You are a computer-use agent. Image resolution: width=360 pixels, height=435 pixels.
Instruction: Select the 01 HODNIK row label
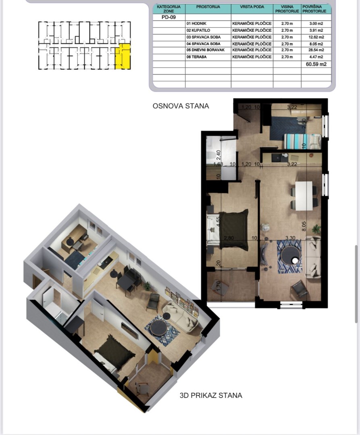pos(196,24)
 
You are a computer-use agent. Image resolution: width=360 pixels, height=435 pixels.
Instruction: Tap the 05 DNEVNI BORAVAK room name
pos(205,50)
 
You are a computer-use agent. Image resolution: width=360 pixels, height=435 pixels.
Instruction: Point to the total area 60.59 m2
pos(316,64)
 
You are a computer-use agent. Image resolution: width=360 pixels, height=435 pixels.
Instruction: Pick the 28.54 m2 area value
pos(316,50)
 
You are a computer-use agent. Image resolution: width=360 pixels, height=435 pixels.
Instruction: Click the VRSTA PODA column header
pos(252,7)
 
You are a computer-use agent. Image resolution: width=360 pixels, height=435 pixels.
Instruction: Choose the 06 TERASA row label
pos(196,57)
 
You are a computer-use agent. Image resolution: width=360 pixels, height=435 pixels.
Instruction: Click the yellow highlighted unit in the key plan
pos(123,58)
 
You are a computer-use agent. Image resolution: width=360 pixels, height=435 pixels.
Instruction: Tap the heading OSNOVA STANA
pos(181,106)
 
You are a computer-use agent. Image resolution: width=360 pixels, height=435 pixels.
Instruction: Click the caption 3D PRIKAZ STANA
pos(211,396)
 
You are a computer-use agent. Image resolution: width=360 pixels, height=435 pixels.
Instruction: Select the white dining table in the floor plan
pos(304,195)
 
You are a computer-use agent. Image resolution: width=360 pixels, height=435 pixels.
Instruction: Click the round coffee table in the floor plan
pos(290,255)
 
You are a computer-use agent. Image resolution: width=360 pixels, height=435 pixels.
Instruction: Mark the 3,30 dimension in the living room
pos(290,238)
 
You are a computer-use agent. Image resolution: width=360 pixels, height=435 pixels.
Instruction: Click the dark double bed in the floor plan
pos(233,229)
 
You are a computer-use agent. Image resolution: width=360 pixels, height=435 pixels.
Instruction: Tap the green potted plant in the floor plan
pos(316,228)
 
